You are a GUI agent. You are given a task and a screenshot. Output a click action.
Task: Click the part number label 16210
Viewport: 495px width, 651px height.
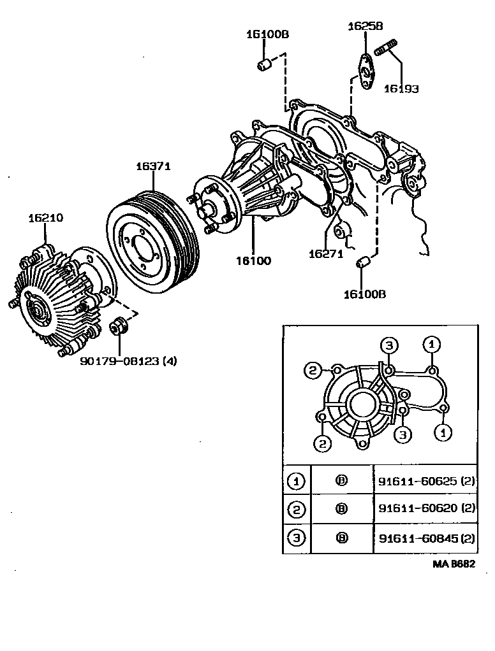click(45, 218)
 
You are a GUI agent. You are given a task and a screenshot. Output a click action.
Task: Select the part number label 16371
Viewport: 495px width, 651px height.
click(153, 166)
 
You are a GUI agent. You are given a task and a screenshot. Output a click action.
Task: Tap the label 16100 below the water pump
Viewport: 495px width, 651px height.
click(253, 261)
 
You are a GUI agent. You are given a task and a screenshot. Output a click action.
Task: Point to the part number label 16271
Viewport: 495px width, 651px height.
click(326, 254)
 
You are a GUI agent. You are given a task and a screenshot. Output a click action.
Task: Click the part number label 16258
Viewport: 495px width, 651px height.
click(365, 26)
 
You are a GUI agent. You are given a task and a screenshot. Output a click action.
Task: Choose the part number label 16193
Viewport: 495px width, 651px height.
click(401, 89)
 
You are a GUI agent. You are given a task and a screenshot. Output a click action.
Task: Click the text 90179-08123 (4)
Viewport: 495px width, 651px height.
click(128, 361)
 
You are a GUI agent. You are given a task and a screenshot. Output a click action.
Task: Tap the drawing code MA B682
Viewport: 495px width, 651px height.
click(455, 564)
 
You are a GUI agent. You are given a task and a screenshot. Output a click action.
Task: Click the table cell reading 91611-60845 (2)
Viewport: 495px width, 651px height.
click(426, 538)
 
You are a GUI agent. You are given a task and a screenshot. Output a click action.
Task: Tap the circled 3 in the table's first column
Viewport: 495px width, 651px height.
click(296, 538)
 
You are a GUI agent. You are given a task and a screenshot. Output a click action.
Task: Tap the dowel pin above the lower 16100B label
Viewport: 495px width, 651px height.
click(364, 262)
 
